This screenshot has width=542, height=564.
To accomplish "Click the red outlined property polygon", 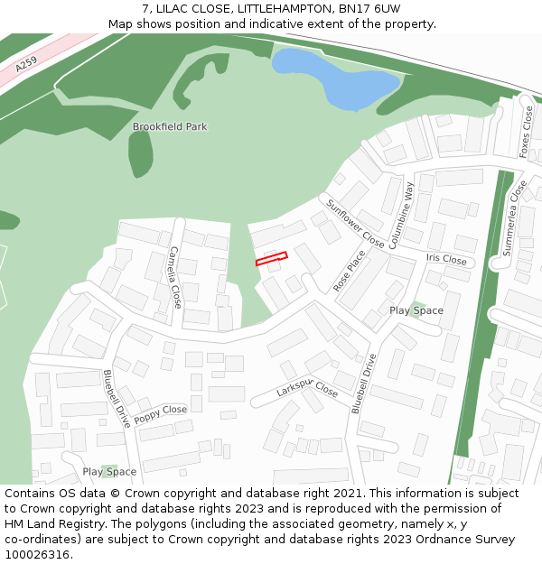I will pos(271,259).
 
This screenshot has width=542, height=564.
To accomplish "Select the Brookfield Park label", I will pos(170,127).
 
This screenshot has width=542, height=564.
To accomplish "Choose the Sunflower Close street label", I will pos(356,225).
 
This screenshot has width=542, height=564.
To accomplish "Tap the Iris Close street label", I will pos(446,260).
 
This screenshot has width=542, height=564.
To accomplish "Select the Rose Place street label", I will pos(350,271).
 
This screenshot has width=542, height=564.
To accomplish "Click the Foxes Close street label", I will pos(527,132).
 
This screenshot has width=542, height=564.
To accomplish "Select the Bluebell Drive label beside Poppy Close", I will pos(117,398).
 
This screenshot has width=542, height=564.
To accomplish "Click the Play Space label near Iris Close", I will pos(416,310).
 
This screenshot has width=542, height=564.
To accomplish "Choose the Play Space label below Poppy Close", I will pos(109,472).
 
